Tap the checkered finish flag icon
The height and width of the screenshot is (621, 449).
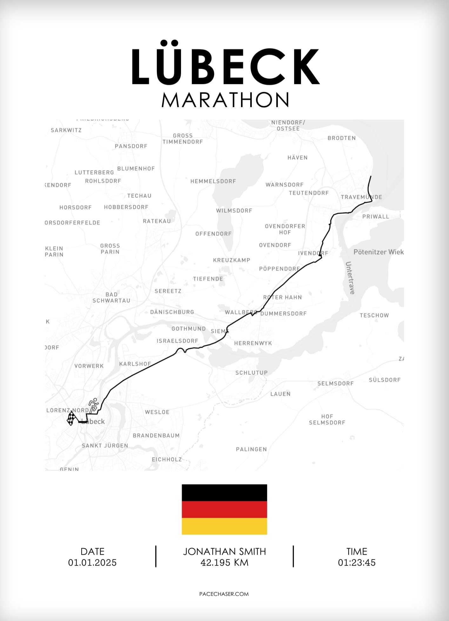pyautogui.click(x=71, y=418)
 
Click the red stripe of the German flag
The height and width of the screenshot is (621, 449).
pyautogui.click(x=224, y=509)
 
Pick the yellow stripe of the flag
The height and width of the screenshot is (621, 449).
pyautogui.click(x=224, y=526)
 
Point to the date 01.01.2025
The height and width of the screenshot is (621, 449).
pyautogui.click(x=92, y=562)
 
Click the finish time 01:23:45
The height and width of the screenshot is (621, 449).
pyautogui.click(x=357, y=562)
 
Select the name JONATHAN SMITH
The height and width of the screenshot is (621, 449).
pyautogui.click(x=224, y=552)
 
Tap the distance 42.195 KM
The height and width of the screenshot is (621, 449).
pyautogui.click(x=224, y=562)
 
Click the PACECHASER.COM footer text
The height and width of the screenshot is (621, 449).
pyautogui.click(x=224, y=594)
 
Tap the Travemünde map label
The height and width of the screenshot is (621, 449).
pyautogui.click(x=361, y=197)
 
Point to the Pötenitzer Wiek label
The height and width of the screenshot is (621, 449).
pyautogui.click(x=379, y=252)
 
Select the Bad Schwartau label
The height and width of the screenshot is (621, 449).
pyautogui.click(x=111, y=297)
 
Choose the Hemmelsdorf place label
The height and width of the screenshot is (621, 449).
pyautogui.click(x=213, y=181)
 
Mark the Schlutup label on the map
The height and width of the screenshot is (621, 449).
pyautogui.click(x=251, y=373)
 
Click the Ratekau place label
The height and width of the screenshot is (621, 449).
pyautogui.click(x=157, y=221)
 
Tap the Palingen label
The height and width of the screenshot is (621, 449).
pyautogui.click(x=251, y=449)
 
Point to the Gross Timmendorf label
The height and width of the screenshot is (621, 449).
pyautogui.click(x=183, y=139)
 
